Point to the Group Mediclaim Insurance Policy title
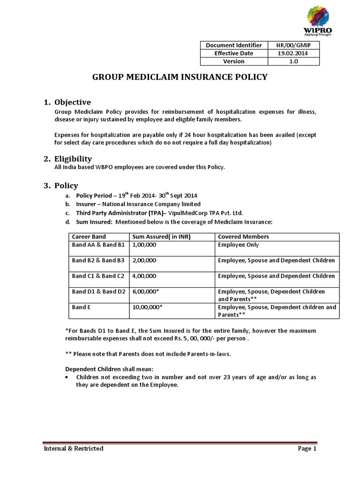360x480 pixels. pyautogui.click(x=180, y=77)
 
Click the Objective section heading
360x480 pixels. pyautogui.click(x=72, y=102)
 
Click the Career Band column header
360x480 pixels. pyautogui.click(x=89, y=237)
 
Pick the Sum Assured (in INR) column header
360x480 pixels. pyautogui.click(x=162, y=237)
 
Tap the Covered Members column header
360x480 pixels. pyautogui.click(x=243, y=237)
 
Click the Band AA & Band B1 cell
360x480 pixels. pyautogui.click(x=98, y=245)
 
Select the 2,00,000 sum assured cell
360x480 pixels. pyautogui.click(x=144, y=260)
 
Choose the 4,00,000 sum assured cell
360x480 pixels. pyautogui.click(x=144, y=276)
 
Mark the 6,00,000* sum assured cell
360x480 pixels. pyautogui.click(x=146, y=292)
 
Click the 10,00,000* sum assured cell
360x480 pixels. pyautogui.click(x=147, y=307)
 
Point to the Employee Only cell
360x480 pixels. pyautogui.click(x=238, y=245)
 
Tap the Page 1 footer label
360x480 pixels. pyautogui.click(x=307, y=449)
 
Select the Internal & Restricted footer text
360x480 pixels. pyautogui.click(x=73, y=449)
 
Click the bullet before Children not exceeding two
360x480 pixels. pyautogui.click(x=68, y=377)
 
